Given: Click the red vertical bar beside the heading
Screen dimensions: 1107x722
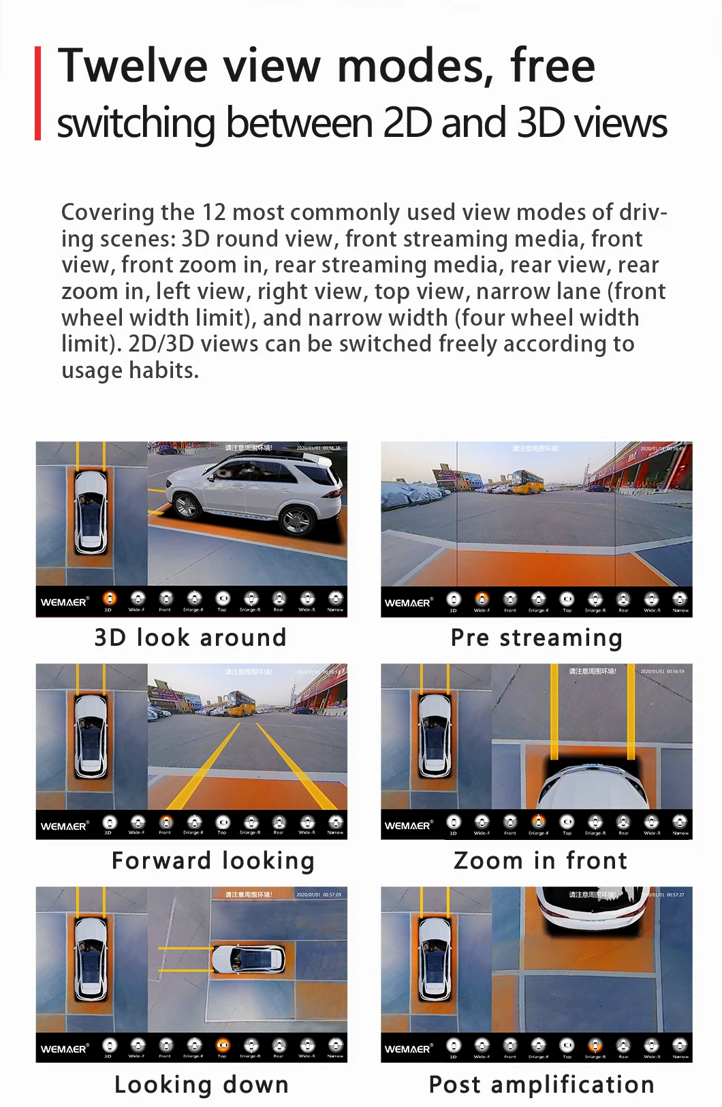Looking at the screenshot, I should pos(38,93).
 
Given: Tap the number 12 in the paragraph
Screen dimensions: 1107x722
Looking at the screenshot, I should pos(213,213).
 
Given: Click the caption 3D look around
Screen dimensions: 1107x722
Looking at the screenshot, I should pos(191,638).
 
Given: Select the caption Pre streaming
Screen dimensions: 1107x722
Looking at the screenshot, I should pos(537,638).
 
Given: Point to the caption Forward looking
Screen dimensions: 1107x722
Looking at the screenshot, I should pos(213,860).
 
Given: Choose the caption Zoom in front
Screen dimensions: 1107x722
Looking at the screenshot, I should pos(540,860).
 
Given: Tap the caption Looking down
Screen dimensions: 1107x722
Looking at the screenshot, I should pos(202,1084).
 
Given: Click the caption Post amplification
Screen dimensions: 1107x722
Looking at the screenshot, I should pos(541,1084).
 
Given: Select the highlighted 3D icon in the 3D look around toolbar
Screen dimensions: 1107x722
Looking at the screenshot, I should pos(109,599).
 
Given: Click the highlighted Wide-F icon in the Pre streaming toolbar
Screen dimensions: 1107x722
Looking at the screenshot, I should pos(482,599).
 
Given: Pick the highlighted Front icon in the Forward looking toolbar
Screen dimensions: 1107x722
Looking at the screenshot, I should pos(166,822).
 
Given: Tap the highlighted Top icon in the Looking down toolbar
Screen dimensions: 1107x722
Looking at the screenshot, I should pos(223,1045).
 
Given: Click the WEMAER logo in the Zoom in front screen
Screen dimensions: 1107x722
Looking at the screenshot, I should pos(409,826).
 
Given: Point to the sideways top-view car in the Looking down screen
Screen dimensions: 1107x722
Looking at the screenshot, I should pos(249,959).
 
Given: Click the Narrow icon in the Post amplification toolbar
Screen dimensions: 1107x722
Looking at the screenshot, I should pos(680,1045).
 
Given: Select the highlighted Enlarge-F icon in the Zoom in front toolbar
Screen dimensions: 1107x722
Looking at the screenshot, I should pos(538,822).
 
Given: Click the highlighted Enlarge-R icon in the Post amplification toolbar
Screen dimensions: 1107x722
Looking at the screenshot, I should pos(595,1045).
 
